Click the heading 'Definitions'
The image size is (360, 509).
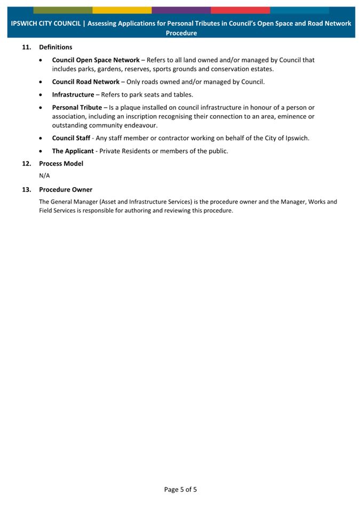(x=55, y=47)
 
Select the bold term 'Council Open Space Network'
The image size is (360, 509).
(x=95, y=60)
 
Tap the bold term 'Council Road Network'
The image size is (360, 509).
(x=85, y=82)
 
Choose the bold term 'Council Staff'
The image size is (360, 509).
(x=71, y=138)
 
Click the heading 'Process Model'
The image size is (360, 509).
(x=61, y=164)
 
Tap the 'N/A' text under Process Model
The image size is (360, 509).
(x=45, y=176)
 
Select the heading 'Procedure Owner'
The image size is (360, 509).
(x=66, y=189)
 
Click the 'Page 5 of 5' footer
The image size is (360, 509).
(x=180, y=489)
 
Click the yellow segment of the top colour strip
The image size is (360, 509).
(x=122, y=10)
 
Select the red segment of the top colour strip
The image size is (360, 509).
(x=240, y=10)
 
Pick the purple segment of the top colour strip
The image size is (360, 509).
(x=181, y=10)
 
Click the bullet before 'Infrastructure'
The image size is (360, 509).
(x=42, y=95)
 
